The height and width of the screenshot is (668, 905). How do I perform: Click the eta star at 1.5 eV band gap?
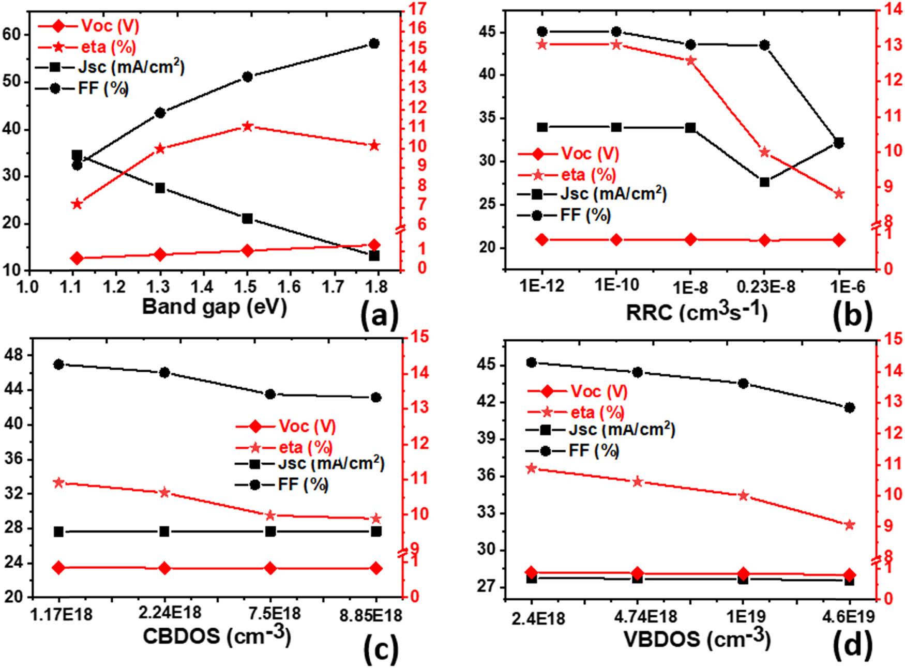point(247,126)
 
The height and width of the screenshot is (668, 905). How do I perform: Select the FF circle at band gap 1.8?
point(374,43)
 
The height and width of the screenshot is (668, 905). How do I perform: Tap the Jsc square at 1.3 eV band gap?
point(160,188)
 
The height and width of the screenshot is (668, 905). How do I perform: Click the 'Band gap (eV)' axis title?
point(214,307)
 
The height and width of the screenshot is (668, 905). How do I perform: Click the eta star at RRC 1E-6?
point(839,194)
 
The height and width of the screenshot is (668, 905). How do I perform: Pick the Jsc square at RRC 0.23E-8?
point(765,182)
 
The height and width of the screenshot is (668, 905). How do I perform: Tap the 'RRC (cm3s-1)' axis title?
point(697,312)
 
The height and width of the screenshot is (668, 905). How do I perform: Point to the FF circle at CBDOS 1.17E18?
point(59,365)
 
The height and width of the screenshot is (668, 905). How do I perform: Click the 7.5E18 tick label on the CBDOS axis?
point(270,614)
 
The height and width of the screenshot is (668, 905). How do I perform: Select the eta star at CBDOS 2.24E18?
point(164,492)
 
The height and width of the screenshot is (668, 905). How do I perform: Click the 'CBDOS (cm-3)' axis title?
point(216,636)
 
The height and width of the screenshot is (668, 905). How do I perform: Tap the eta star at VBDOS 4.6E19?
point(849,525)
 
